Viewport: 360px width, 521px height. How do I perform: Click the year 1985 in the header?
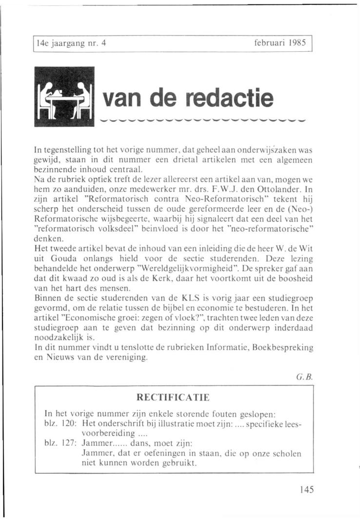[x=297, y=43]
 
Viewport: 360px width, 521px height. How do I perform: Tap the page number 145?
[x=307, y=489]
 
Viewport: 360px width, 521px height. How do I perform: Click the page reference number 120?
[x=67, y=424]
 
